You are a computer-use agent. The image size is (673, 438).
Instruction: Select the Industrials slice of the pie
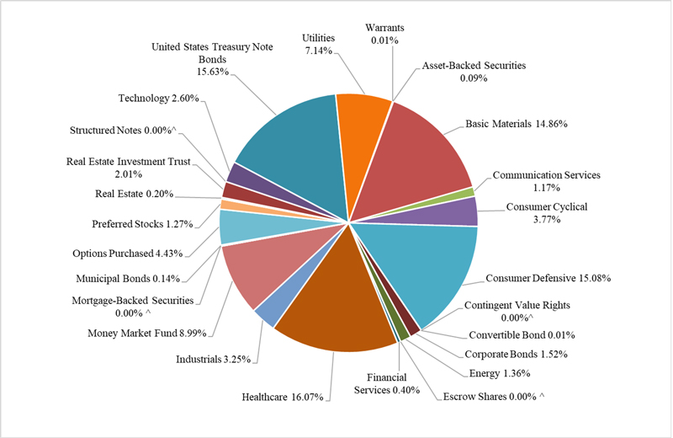(268, 311)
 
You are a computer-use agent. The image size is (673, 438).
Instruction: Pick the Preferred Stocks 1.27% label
(141, 223)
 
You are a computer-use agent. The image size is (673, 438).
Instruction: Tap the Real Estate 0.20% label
(135, 194)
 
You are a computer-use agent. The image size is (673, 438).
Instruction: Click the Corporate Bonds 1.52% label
(513, 354)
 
